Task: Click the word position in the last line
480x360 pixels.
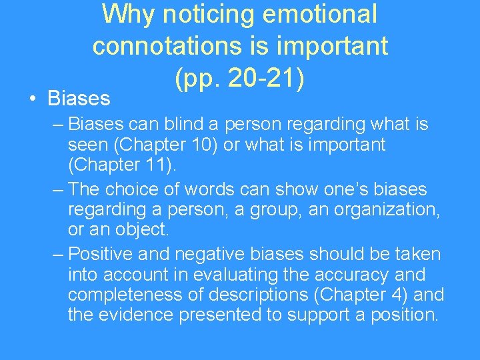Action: [405, 315]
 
